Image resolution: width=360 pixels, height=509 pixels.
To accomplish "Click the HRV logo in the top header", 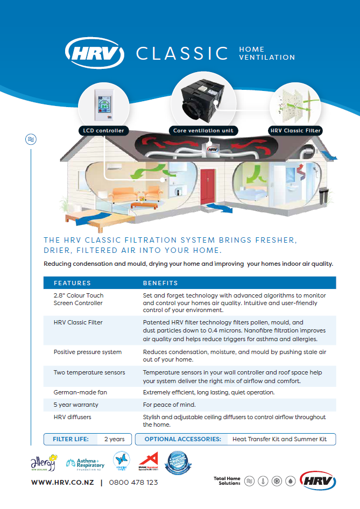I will (x=94, y=53).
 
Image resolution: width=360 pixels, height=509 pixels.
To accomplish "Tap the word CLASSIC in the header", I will (x=182, y=53).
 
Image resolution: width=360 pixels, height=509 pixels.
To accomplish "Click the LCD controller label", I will (x=103, y=130).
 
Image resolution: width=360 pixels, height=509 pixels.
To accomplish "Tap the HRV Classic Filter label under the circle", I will (x=295, y=130).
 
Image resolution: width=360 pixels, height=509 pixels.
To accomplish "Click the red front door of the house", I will (x=207, y=186).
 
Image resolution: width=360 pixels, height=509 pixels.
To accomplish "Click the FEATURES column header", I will (x=72, y=282).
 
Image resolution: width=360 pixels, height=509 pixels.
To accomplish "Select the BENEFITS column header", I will (x=160, y=282).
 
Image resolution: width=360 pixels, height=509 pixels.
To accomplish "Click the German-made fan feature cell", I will (x=80, y=392).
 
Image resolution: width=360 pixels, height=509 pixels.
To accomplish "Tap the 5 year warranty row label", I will (x=76, y=405).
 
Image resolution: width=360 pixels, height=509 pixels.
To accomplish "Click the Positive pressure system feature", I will (x=87, y=352).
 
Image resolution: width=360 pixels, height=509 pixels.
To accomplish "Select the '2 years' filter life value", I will (x=114, y=439).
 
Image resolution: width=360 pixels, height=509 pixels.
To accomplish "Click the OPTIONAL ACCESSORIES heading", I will (x=183, y=439).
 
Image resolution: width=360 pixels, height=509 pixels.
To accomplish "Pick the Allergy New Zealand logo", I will (x=43, y=462).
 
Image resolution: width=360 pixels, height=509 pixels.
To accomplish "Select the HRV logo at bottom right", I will (x=317, y=479).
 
